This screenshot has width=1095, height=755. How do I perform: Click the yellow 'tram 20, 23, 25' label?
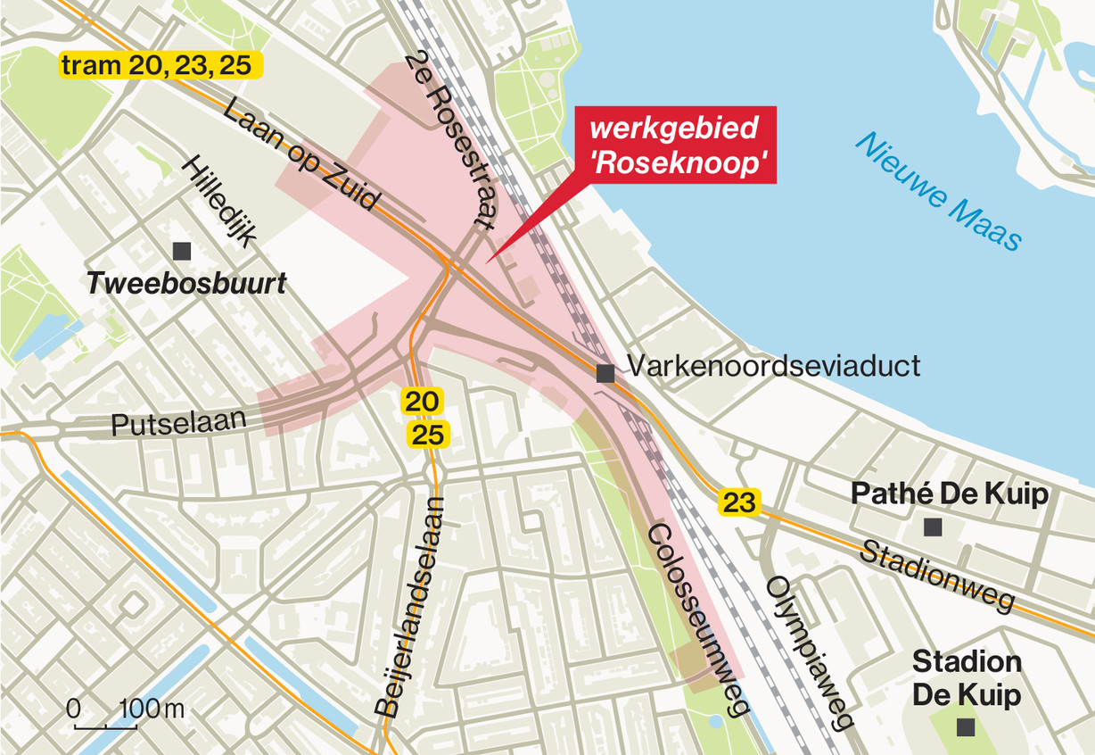161,65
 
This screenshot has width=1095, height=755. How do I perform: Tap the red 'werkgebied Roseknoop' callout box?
675,145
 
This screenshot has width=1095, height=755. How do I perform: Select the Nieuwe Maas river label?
937,191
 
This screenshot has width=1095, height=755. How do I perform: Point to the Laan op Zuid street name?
301,155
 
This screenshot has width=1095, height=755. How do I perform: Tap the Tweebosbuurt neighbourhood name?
186,284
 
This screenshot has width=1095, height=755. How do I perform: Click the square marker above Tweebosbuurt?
183,251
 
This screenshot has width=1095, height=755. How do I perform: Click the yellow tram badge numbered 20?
421,402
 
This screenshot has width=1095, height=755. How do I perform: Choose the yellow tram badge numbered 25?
429,435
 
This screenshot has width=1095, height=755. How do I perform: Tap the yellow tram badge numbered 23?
739,503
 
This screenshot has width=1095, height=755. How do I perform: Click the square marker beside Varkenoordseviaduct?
605,374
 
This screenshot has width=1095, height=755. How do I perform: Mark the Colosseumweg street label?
684,618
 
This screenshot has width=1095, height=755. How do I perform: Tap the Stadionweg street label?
936,576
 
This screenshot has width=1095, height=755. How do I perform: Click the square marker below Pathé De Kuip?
932,527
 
